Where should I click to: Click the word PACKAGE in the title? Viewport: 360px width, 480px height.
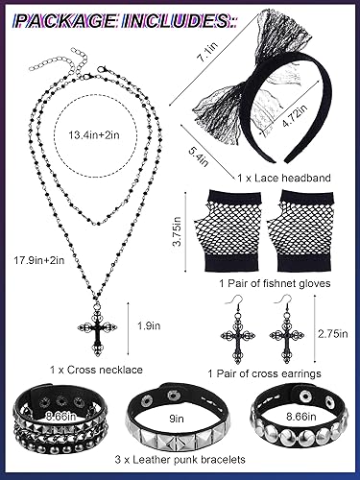66,17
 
